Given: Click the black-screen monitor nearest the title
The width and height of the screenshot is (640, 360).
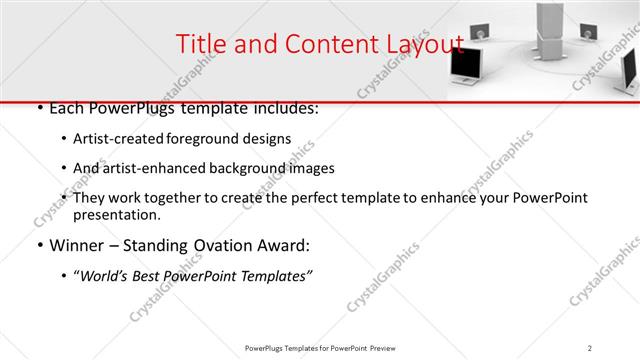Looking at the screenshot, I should click(465, 66).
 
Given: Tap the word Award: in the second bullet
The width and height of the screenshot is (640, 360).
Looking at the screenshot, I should click(286, 245).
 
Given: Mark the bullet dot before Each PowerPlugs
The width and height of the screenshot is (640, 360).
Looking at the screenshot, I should click(38, 108).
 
